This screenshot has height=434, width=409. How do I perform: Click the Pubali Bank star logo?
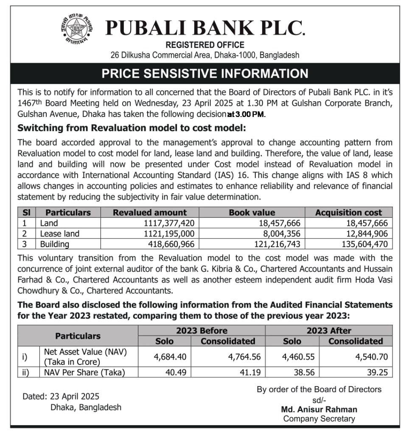(x=76, y=28)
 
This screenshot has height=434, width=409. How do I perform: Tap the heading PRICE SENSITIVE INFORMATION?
(x=204, y=73)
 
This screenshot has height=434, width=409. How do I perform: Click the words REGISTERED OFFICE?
(x=204, y=45)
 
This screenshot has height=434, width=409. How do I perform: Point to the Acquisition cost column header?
(x=348, y=212)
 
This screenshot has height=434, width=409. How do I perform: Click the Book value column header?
(x=252, y=212)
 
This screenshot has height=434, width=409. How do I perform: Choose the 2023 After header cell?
(x=329, y=331)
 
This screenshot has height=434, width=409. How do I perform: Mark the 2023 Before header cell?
(x=202, y=331)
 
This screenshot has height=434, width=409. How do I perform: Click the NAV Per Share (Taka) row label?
(x=83, y=372)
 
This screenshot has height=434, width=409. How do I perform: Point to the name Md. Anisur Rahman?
(x=319, y=409)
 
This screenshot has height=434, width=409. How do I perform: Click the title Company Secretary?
(x=319, y=419)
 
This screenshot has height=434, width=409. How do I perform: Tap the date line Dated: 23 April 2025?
(x=61, y=397)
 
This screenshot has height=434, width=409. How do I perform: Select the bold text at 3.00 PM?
(x=246, y=114)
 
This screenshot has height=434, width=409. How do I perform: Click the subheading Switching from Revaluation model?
(x=132, y=128)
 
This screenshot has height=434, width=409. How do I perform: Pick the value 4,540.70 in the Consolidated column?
(x=371, y=357)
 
